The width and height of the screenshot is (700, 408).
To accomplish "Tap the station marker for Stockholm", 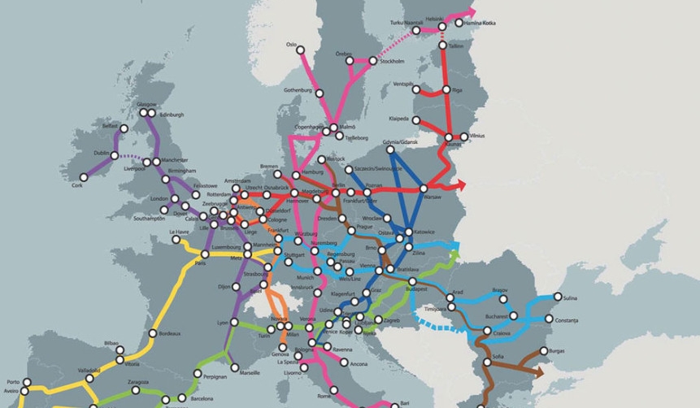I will (x=374, y=61).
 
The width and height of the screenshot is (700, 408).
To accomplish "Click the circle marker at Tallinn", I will (x=443, y=46).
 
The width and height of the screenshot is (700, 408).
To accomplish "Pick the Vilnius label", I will (x=476, y=136).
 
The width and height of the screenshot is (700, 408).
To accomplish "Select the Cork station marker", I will (x=85, y=177).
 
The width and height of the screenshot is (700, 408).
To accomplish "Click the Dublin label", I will (x=102, y=153).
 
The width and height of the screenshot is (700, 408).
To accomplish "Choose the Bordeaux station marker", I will (x=152, y=333).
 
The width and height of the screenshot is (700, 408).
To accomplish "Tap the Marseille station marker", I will (x=233, y=373).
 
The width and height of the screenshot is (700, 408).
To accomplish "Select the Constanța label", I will (x=569, y=319).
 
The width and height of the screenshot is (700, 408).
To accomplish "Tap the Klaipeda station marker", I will (x=416, y=120).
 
